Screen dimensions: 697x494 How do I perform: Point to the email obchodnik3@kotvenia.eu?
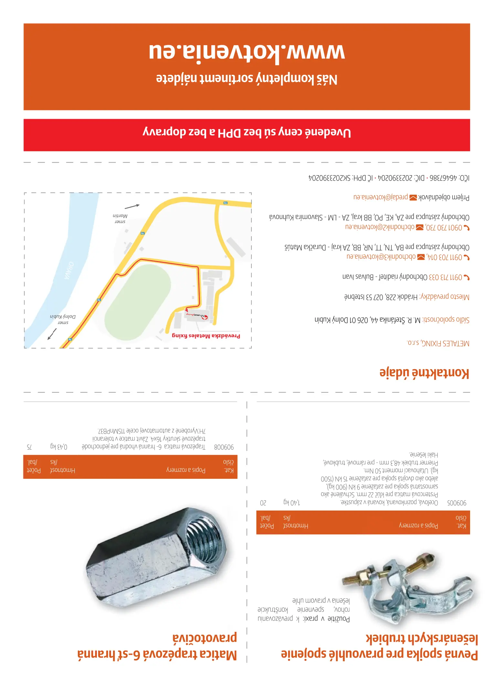click(x=381, y=257)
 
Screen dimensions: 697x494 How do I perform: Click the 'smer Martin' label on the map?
click(x=120, y=218)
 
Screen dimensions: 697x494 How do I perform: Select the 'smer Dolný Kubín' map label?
click(x=63, y=319)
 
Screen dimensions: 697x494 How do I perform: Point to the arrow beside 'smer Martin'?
click(x=132, y=207)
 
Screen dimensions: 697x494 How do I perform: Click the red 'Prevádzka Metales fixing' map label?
click(x=206, y=336)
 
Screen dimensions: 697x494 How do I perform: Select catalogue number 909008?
click(x=224, y=447)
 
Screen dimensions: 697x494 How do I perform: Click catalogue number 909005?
click(x=457, y=503)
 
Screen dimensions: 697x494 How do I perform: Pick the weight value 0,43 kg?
click(x=59, y=447)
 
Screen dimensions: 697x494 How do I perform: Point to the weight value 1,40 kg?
click(x=291, y=502)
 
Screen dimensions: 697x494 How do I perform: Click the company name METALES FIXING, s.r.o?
click(x=438, y=343)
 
